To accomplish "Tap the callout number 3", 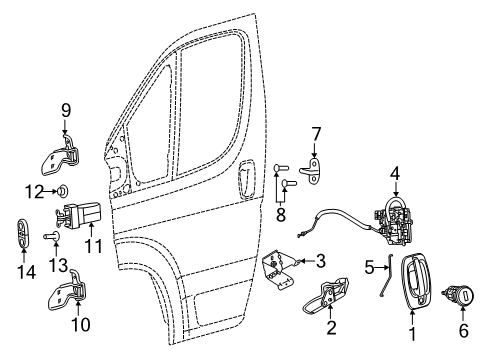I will click(x=322, y=262).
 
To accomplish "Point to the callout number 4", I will click(x=395, y=174).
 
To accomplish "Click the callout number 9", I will click(x=68, y=111).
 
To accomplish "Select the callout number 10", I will click(x=76, y=324).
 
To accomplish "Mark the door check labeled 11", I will click(x=83, y=214).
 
